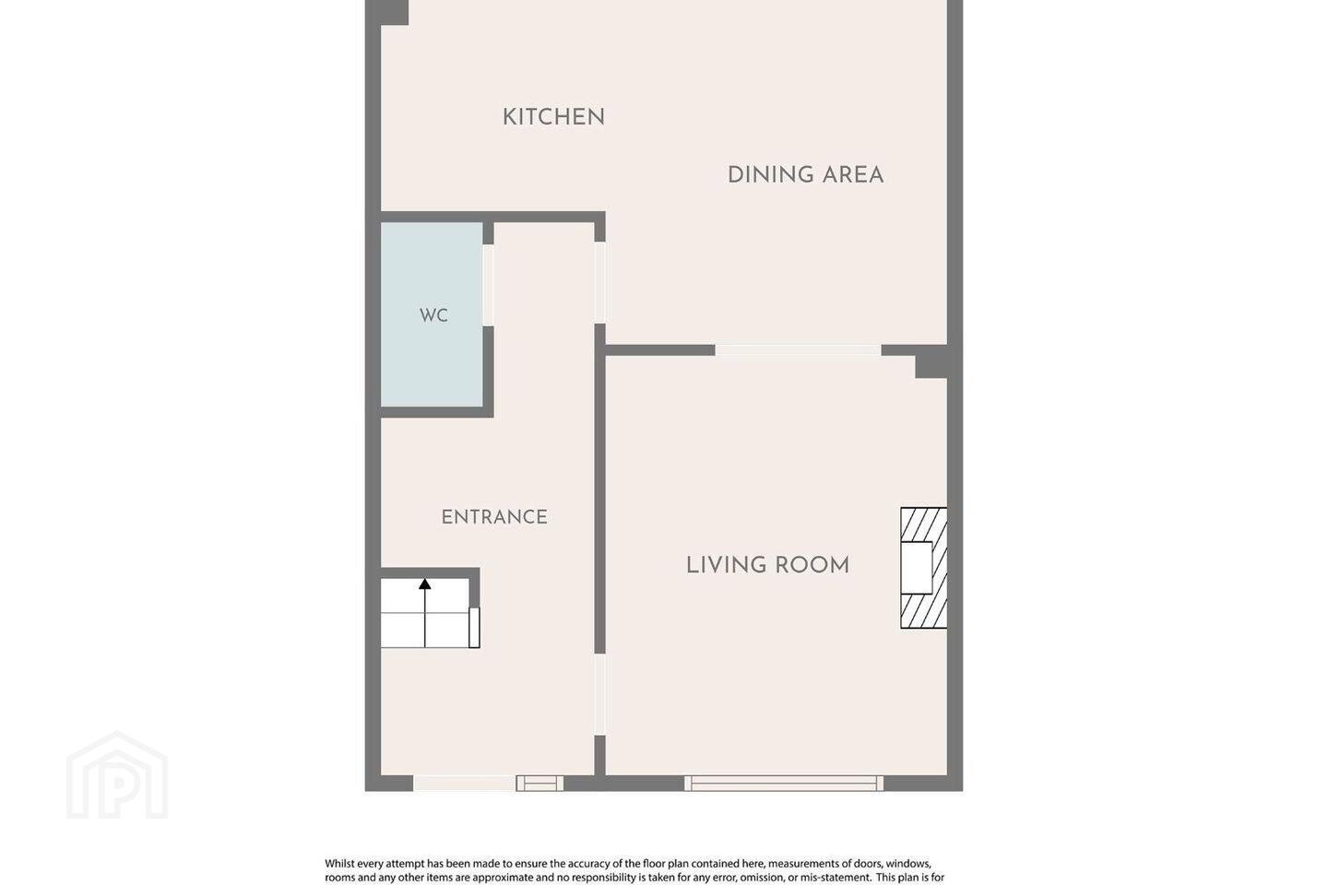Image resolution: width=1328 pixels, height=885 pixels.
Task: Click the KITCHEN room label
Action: pyautogui.click(x=553, y=117)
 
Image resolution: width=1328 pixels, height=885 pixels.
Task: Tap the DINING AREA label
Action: pyautogui.click(x=805, y=175)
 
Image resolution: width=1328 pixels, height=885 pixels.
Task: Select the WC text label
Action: pyautogui.click(x=433, y=316)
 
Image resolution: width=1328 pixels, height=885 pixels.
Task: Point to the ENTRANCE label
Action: pyautogui.click(x=494, y=517)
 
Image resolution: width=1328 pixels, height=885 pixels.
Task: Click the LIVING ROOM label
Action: pyautogui.click(x=767, y=565)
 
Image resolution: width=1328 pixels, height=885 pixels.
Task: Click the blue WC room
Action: pyautogui.click(x=432, y=314)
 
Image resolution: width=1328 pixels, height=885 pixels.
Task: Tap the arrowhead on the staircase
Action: pyautogui.click(x=424, y=584)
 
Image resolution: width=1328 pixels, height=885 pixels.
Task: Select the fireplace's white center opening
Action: pyautogui.click(x=916, y=567)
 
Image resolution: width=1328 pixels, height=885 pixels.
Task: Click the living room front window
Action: pyautogui.click(x=784, y=783)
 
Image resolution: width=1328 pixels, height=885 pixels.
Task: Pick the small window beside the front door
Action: pyautogui.click(x=539, y=783)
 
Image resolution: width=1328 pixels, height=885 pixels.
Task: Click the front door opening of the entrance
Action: pyautogui.click(x=464, y=783)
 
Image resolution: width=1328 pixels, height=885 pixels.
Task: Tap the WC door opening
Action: pyautogui.click(x=488, y=285)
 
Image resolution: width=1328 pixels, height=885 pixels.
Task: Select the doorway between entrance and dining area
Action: pyautogui.click(x=600, y=283)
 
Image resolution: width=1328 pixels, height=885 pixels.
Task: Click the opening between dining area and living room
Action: pyautogui.click(x=798, y=350)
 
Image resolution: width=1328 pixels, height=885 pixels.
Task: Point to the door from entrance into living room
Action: pyautogui.click(x=600, y=695)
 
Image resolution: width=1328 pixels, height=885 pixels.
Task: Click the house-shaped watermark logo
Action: pyautogui.click(x=117, y=775)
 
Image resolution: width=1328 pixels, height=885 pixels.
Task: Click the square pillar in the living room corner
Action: pyautogui.click(x=931, y=363)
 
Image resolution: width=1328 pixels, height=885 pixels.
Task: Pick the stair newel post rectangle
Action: pyautogui.click(x=474, y=627)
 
